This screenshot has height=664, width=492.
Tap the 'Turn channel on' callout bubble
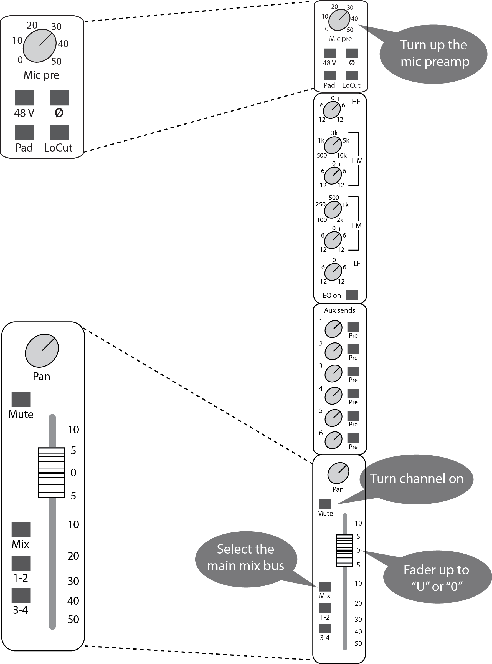416,479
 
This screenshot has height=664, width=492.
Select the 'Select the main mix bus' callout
246,557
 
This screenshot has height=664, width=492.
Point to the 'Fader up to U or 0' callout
437,578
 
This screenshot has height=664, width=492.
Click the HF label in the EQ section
356,102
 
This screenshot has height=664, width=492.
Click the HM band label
357,161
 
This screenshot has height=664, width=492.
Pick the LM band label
357,226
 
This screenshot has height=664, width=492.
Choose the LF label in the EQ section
357,264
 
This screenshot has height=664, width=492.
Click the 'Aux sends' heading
339,310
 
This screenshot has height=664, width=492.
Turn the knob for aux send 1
333,329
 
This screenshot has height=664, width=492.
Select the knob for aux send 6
333,440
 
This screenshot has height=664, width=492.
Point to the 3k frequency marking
334,133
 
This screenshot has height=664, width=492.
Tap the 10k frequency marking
342,155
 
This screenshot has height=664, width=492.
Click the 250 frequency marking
320,204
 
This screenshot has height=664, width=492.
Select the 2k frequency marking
340,220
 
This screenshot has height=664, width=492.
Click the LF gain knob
333,272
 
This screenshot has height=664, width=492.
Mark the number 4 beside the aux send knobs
321,388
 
